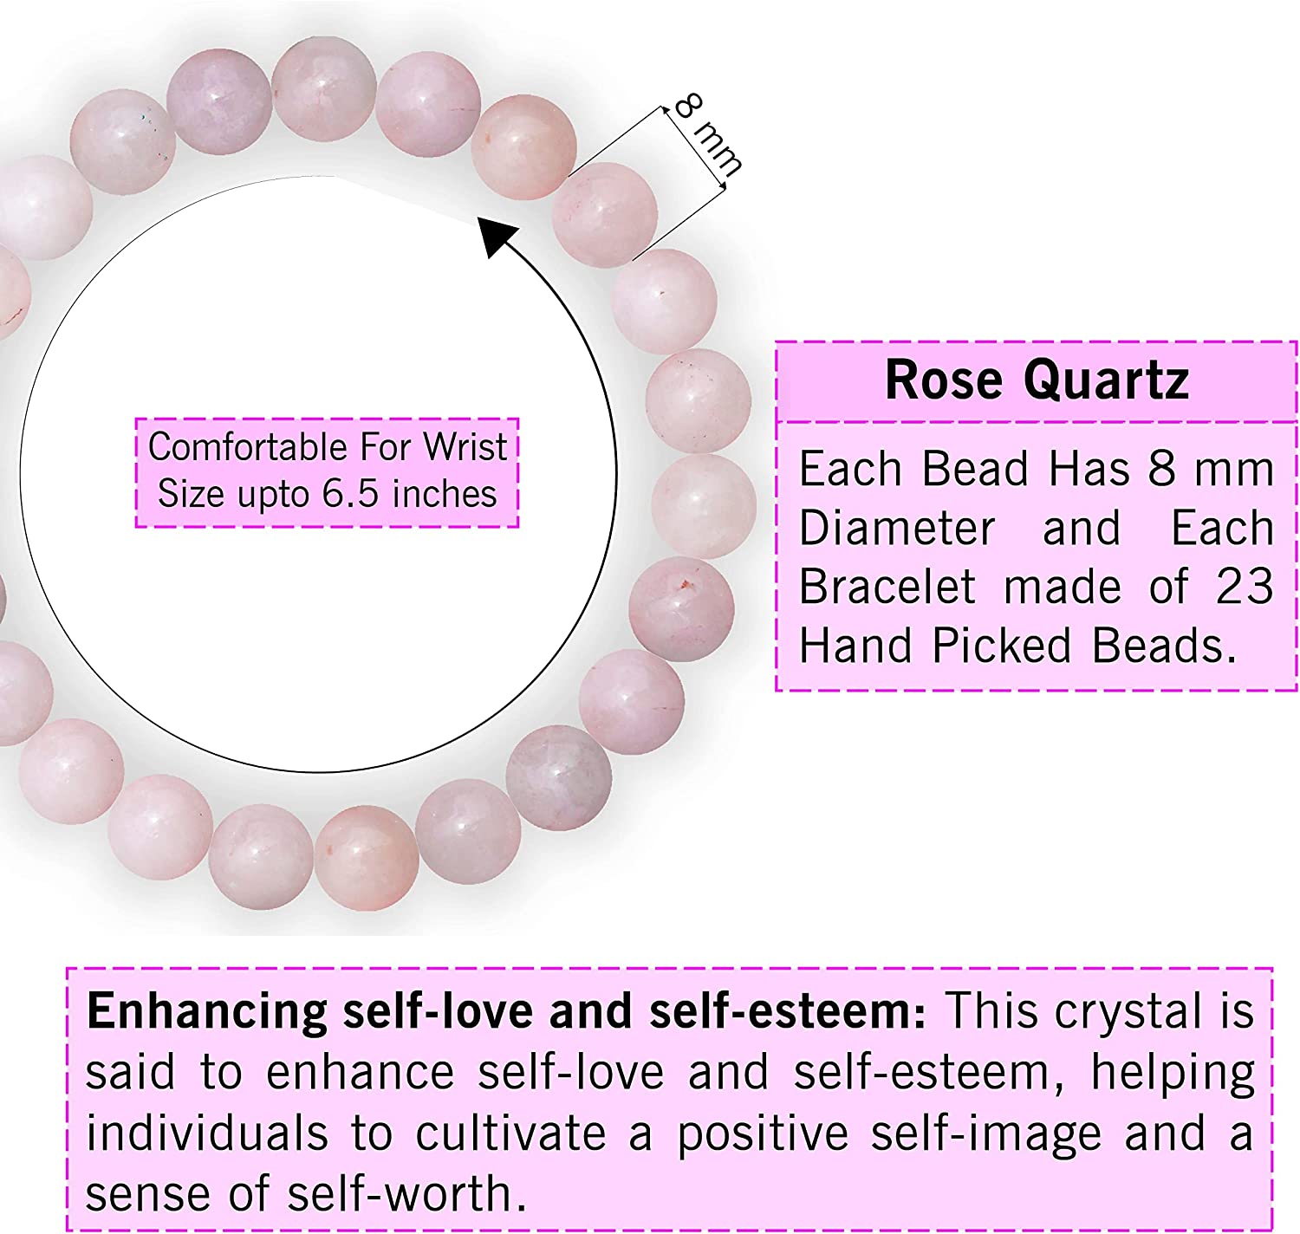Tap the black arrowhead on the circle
498,236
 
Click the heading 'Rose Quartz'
1037,380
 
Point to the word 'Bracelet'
887,587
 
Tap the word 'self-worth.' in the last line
406,1193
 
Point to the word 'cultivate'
510,1133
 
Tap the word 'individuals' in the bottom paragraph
207,1133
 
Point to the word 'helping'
1173,1073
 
